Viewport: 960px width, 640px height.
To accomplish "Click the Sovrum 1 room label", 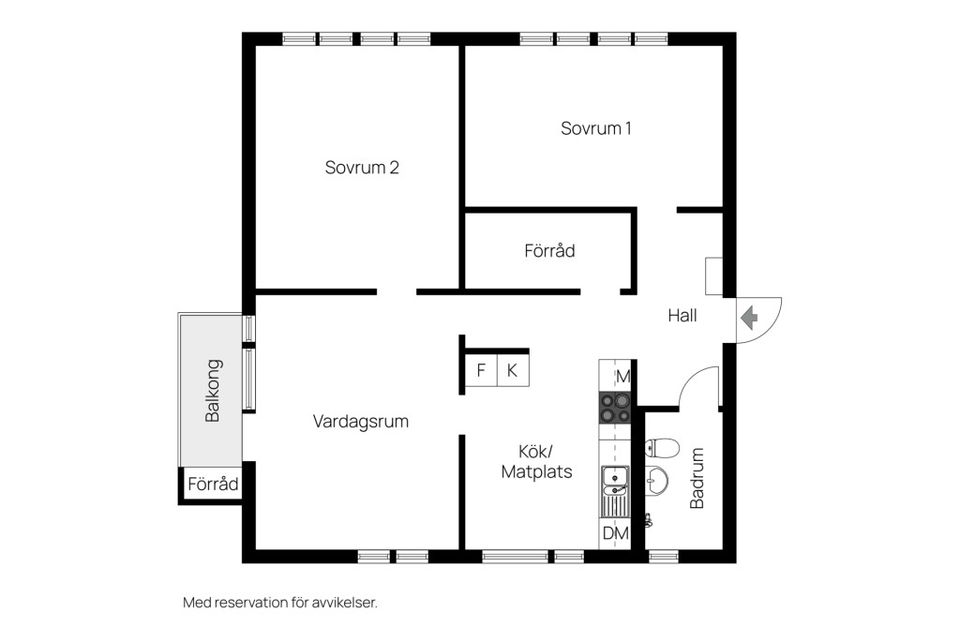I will [x=595, y=128].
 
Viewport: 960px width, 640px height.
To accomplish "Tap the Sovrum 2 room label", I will [x=362, y=167].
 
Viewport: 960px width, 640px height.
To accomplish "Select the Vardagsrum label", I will [x=360, y=421].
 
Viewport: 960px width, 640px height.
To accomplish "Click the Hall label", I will [x=682, y=315].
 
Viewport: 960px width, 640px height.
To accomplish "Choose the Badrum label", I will [x=697, y=478].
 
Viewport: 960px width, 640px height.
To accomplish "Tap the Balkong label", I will [x=212, y=390].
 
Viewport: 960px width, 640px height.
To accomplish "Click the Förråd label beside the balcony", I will [x=213, y=485].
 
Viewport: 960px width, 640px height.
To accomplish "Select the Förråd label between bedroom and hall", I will [x=549, y=250].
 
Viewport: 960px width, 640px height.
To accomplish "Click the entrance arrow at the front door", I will [x=749, y=318].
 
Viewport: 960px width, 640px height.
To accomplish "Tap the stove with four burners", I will [x=614, y=407].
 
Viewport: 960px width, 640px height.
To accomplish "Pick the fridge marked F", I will [x=481, y=371].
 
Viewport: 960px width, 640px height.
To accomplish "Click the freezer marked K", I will [x=512, y=371].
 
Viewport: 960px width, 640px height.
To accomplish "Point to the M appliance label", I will [x=622, y=376].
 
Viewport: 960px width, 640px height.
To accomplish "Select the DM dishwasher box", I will [x=615, y=533].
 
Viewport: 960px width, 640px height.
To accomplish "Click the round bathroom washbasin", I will [x=656, y=482].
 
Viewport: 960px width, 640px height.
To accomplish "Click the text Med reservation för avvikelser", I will [x=280, y=602].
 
